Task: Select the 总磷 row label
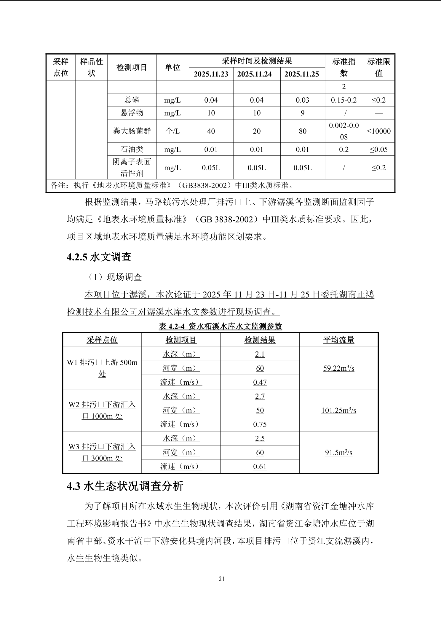point(132,100)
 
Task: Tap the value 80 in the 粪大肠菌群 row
point(302,131)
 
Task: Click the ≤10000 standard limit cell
point(379,131)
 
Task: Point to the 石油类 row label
point(132,149)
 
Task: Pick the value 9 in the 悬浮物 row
point(302,113)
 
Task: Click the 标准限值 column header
point(379,67)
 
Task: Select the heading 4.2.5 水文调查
point(99,257)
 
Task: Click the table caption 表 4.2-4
point(220,327)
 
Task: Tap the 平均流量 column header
point(338,340)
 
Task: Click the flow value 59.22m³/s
point(338,368)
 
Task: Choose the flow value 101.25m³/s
point(338,410)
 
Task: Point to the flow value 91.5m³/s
point(338,453)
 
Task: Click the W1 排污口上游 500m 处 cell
point(102,368)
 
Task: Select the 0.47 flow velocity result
point(260,382)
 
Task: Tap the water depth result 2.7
point(260,396)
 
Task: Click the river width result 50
point(260,410)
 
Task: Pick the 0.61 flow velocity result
point(260,467)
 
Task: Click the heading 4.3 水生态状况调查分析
point(125,486)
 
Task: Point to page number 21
point(222,579)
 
